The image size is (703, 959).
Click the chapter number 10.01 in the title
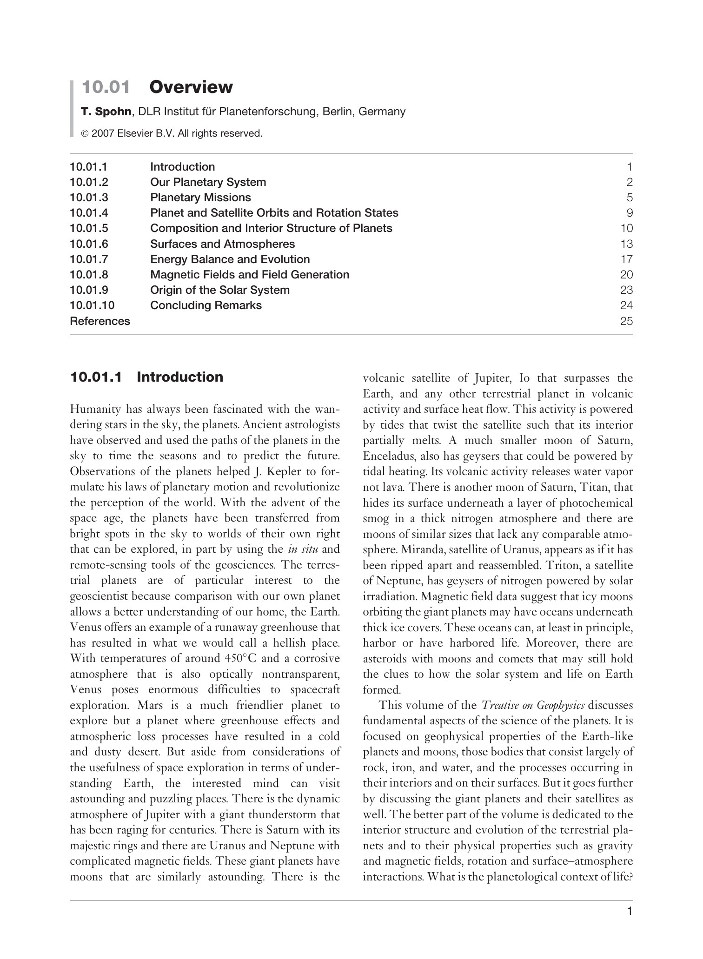(x=106, y=87)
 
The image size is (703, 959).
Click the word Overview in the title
(x=191, y=87)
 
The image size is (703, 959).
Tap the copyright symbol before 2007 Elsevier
(x=85, y=134)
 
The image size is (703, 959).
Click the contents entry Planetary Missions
(x=200, y=198)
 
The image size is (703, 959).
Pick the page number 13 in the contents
(x=626, y=244)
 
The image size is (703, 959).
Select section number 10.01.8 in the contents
(x=89, y=275)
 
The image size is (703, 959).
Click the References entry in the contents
(x=100, y=321)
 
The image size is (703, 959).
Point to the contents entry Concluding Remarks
(x=206, y=305)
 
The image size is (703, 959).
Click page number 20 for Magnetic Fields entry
(x=626, y=275)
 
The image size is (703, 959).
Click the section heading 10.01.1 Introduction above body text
(x=146, y=377)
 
